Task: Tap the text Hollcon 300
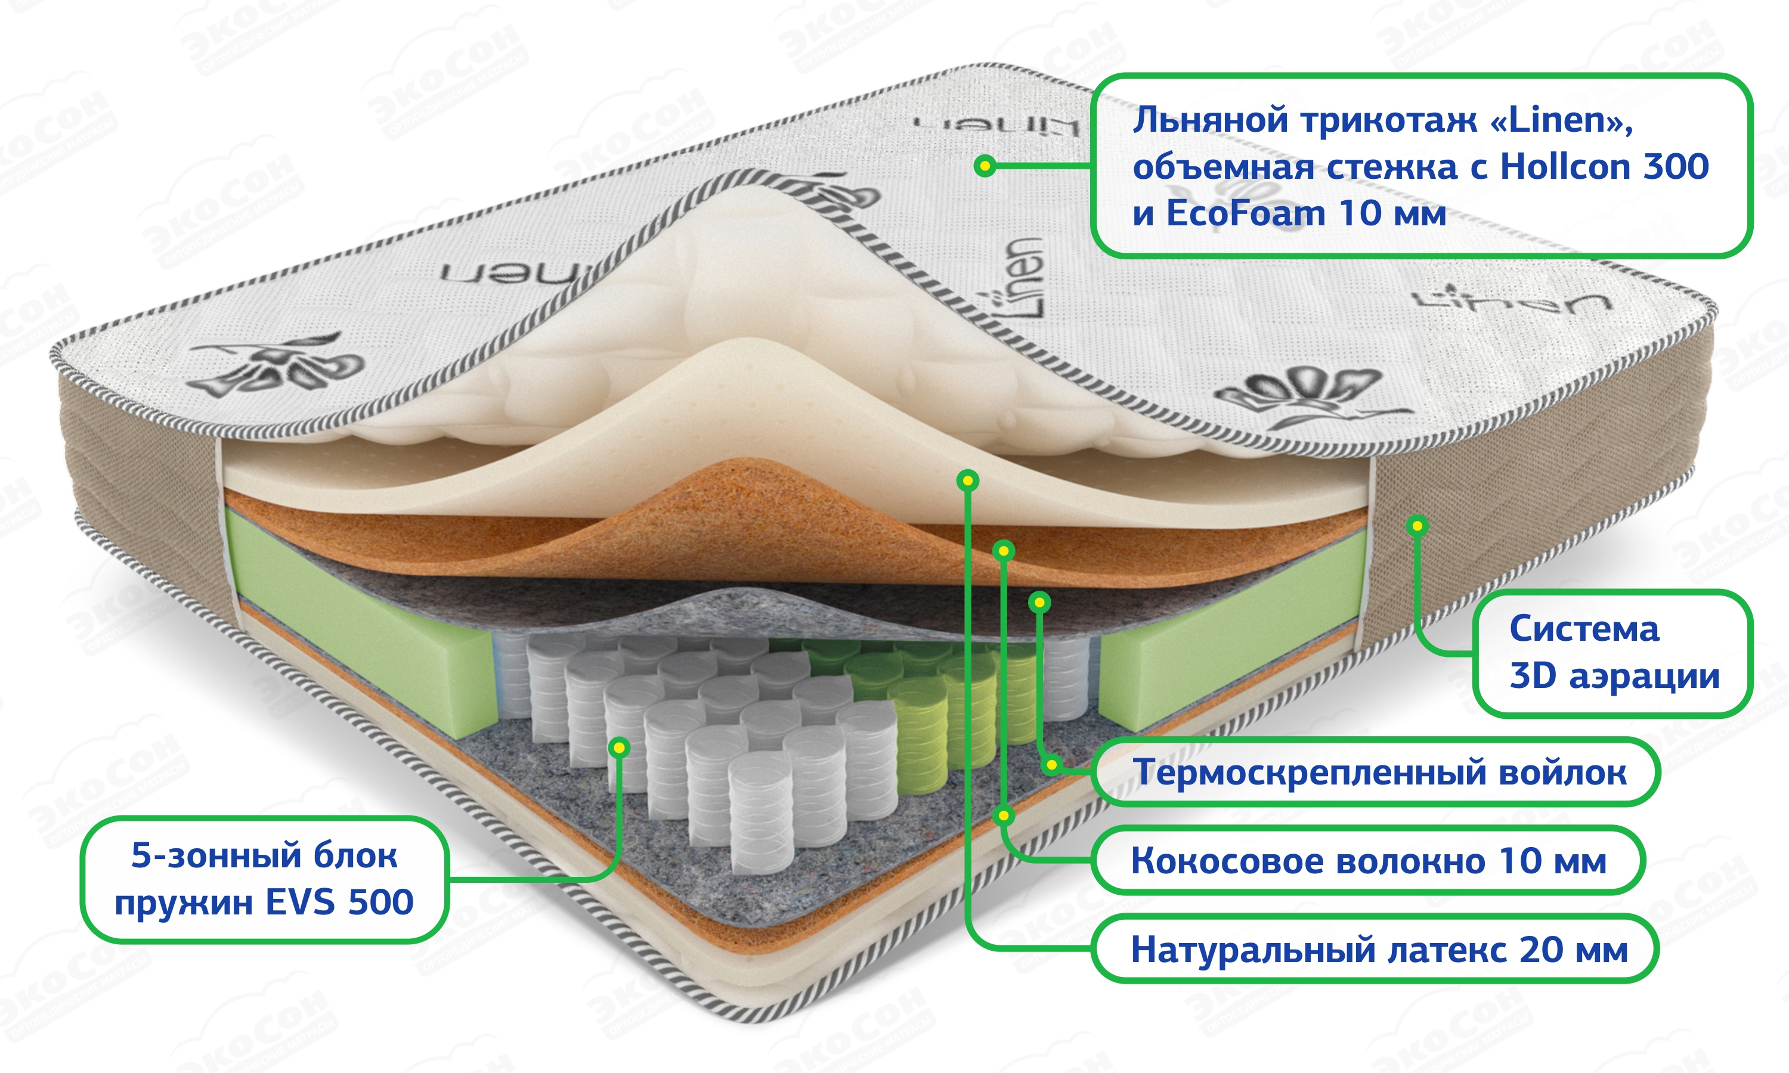point(1604,168)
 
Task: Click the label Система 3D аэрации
point(1612,653)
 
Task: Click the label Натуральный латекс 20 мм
point(1378,950)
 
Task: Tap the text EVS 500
point(339,903)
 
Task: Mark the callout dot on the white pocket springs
point(619,747)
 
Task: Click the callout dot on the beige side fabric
point(1417,526)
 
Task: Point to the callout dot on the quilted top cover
point(984,166)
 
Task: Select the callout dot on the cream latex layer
point(967,480)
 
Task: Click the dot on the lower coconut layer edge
point(1004,816)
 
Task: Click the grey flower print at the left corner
point(278,365)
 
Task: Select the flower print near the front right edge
point(1302,394)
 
